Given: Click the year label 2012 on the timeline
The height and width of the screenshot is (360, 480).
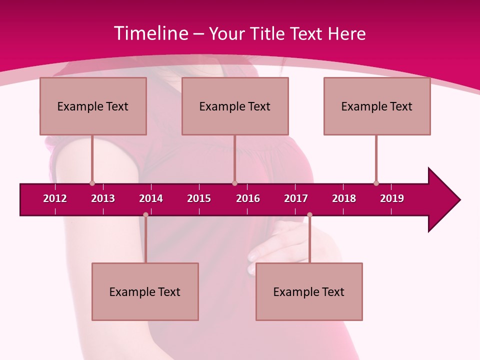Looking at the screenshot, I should [x=55, y=198].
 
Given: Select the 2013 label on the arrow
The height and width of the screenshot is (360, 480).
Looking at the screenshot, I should [x=103, y=198].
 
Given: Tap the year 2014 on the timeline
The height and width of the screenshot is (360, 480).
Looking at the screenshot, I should [x=151, y=198].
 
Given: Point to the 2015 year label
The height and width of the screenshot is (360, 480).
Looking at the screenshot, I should [x=199, y=198].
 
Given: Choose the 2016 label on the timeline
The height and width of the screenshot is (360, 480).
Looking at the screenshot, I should [x=248, y=198].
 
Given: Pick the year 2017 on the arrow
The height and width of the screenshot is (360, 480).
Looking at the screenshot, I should [x=296, y=198].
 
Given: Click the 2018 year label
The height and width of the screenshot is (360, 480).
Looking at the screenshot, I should [x=344, y=198].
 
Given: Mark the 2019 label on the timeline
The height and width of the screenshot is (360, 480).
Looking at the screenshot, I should [x=392, y=198].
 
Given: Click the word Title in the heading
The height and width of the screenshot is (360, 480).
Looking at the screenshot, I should [x=268, y=33].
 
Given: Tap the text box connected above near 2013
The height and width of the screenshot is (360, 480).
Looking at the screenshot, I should [x=93, y=106].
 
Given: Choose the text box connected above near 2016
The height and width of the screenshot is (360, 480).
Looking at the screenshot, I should [x=235, y=106].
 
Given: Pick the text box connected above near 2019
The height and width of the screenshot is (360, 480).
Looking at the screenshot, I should [x=377, y=106].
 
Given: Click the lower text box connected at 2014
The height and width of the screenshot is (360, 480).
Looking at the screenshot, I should [x=145, y=291].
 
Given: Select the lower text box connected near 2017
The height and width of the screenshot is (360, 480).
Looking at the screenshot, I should [x=309, y=291].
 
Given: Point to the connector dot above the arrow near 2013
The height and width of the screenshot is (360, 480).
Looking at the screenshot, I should [x=92, y=183].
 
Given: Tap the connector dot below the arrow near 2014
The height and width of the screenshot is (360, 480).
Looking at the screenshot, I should [x=145, y=215].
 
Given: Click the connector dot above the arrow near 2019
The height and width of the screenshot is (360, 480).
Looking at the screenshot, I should [x=376, y=183].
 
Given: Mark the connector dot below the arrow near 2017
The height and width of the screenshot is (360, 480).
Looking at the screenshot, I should [x=309, y=215].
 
